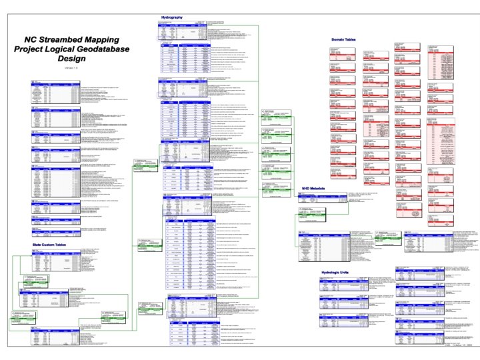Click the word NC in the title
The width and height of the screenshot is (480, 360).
click(x=31, y=39)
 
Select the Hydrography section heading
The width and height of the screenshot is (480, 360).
click(x=173, y=17)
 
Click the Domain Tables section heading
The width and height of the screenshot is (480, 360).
click(x=344, y=39)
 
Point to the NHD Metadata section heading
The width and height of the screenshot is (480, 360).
click(x=313, y=189)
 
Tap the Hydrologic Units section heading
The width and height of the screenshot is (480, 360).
click(x=337, y=273)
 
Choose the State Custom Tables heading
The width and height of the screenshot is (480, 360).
click(x=56, y=245)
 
